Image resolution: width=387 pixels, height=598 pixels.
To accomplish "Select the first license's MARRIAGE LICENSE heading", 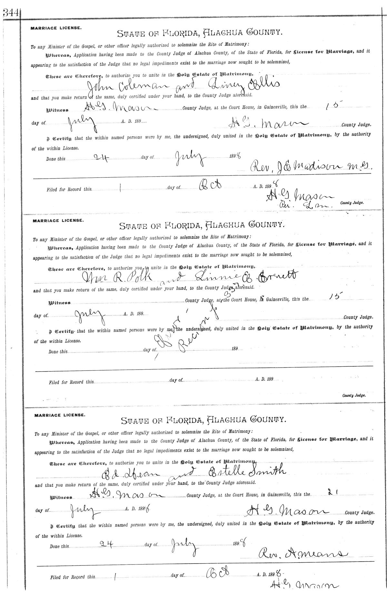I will tap(56, 28).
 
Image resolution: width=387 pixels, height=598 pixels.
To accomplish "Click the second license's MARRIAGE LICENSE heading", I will tap(58, 221).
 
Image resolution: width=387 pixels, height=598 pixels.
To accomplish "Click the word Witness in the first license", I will tap(58, 110).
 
